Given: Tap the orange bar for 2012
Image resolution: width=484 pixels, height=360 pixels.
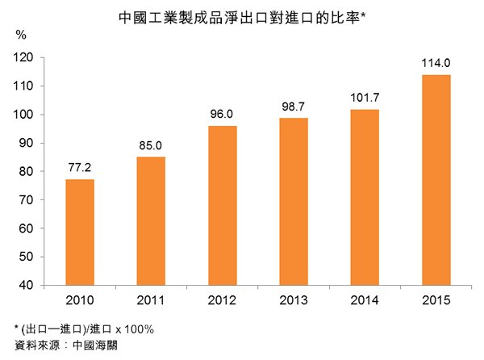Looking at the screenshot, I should (x=223, y=205).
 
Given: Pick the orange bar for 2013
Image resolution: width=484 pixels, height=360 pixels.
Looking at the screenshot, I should (x=294, y=201).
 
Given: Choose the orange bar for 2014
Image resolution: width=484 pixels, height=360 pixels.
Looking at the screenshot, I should (x=365, y=197).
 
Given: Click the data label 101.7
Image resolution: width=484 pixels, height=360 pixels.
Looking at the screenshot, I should (x=365, y=98).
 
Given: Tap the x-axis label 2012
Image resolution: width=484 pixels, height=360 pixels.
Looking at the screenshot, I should (x=223, y=300).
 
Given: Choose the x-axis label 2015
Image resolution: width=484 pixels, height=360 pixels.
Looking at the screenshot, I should (x=436, y=300).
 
